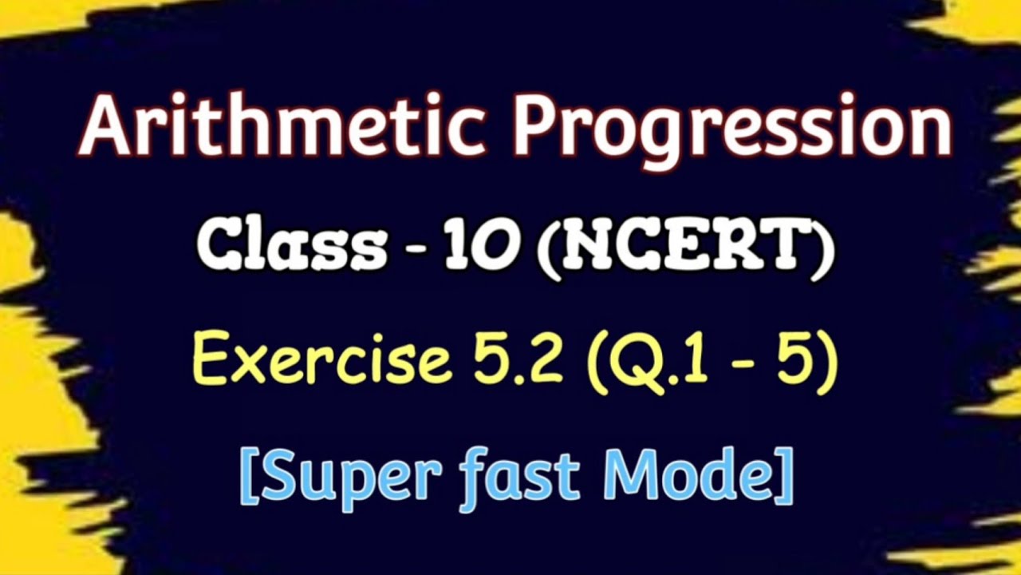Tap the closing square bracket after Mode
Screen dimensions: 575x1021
(785, 476)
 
